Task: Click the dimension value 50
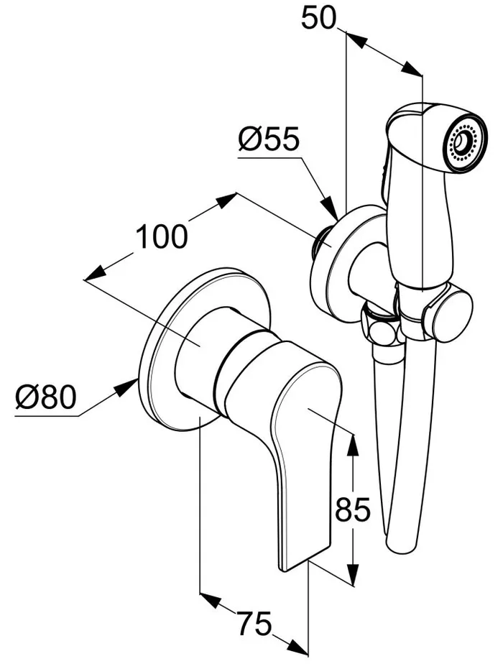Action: (x=319, y=19)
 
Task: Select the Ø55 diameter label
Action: (x=269, y=139)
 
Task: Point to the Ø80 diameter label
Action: (x=46, y=397)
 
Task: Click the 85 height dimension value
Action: (x=352, y=510)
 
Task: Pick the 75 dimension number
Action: (x=254, y=623)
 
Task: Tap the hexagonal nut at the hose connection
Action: (x=382, y=329)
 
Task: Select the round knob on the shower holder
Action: (x=448, y=315)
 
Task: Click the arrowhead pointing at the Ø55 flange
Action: (x=331, y=208)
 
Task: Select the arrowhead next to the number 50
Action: (x=356, y=40)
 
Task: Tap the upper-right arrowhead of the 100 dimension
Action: (x=226, y=200)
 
